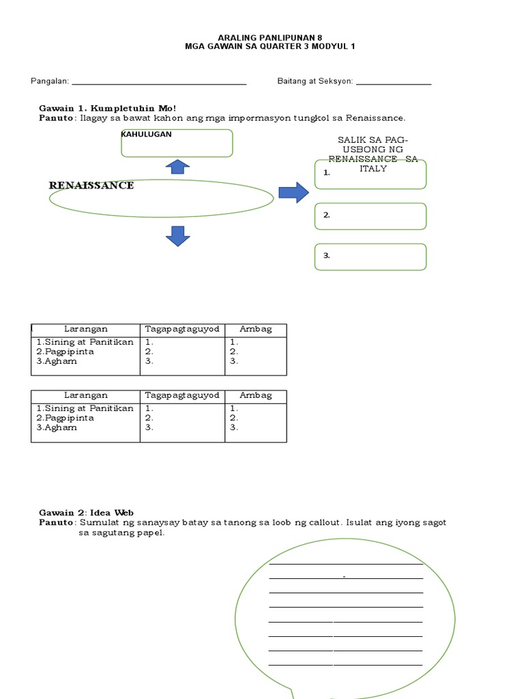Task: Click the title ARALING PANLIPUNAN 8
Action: click(x=261, y=37)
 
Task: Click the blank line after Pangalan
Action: click(x=158, y=84)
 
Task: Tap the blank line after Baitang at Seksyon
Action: click(x=394, y=84)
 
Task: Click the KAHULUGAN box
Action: click(x=177, y=143)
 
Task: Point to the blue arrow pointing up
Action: click(x=177, y=167)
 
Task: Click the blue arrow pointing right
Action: click(x=293, y=192)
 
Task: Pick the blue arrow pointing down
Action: click(x=177, y=236)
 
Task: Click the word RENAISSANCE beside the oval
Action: click(x=91, y=186)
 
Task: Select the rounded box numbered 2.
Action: click(x=370, y=216)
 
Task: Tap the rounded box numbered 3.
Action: click(x=370, y=257)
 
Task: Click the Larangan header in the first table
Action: click(x=86, y=329)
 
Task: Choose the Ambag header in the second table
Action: click(x=256, y=395)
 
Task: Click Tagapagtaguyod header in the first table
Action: click(x=182, y=329)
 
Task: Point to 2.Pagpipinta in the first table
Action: click(x=65, y=352)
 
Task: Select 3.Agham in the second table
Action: click(x=57, y=428)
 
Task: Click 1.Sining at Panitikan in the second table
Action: click(x=85, y=408)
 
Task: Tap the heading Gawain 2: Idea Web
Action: click(x=86, y=513)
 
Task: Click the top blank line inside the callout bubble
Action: click(x=346, y=563)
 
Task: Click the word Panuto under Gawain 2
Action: click(x=56, y=523)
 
